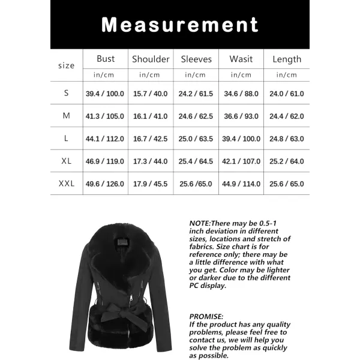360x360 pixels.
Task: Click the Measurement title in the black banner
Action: [x=179, y=25]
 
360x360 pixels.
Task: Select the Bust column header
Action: [x=106, y=59]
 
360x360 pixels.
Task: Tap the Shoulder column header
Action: [x=151, y=59]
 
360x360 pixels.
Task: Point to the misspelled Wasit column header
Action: [x=241, y=59]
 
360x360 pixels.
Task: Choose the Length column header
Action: [x=287, y=59]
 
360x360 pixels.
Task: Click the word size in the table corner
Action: [x=66, y=65]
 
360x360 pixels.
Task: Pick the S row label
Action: [x=66, y=94]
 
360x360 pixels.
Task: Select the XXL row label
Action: [x=66, y=184]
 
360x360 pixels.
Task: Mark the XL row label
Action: [x=66, y=161]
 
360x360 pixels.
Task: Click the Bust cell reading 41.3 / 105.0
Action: [x=106, y=116]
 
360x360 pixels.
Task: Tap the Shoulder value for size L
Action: [x=151, y=139]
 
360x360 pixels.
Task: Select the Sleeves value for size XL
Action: [x=196, y=161]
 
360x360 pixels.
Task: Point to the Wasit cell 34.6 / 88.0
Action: [x=241, y=94]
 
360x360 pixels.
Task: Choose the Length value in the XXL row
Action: [x=287, y=184]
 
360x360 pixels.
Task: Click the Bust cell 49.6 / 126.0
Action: [x=106, y=184]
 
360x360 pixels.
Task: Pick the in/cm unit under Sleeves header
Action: [x=196, y=75]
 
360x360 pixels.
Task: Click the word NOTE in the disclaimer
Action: [x=199, y=223]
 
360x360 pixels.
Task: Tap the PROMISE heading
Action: [x=206, y=316]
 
